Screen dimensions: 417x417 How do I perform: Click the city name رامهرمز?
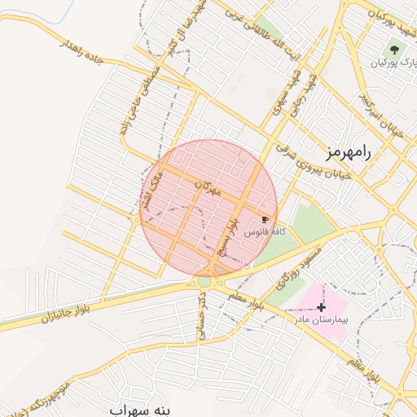coord(346,151)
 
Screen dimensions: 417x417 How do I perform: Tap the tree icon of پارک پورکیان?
coord(395,50)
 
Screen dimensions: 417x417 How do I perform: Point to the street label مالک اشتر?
coord(153,190)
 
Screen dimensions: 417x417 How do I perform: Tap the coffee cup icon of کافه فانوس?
coord(265,220)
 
